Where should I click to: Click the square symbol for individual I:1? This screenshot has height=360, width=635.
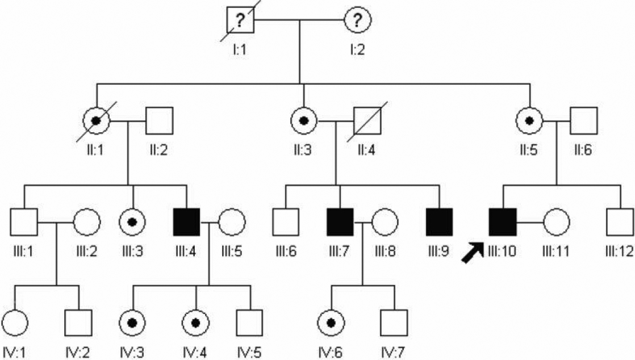239,22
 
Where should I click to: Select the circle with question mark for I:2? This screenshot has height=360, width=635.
357,22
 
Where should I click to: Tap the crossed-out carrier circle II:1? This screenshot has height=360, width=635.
97,120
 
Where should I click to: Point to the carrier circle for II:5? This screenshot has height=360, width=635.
529,120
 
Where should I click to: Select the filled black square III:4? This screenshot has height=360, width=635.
186,222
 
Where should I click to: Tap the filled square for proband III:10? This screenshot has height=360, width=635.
503,222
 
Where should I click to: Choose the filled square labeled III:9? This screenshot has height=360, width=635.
440,222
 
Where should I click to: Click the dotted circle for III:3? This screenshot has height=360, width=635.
132,222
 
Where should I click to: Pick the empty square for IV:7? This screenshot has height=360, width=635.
394,323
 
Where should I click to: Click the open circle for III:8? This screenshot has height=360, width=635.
385,222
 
